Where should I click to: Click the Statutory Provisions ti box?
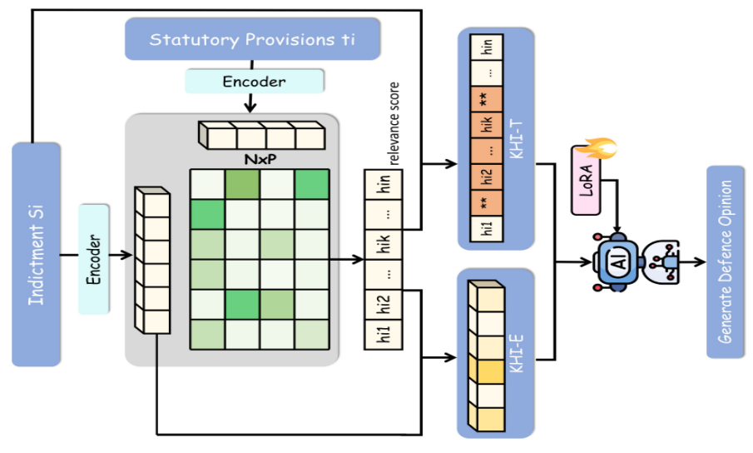click(x=252, y=39)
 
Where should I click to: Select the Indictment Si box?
click(x=37, y=254)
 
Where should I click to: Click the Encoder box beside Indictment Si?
click(x=94, y=258)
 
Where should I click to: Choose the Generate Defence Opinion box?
click(x=725, y=261)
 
